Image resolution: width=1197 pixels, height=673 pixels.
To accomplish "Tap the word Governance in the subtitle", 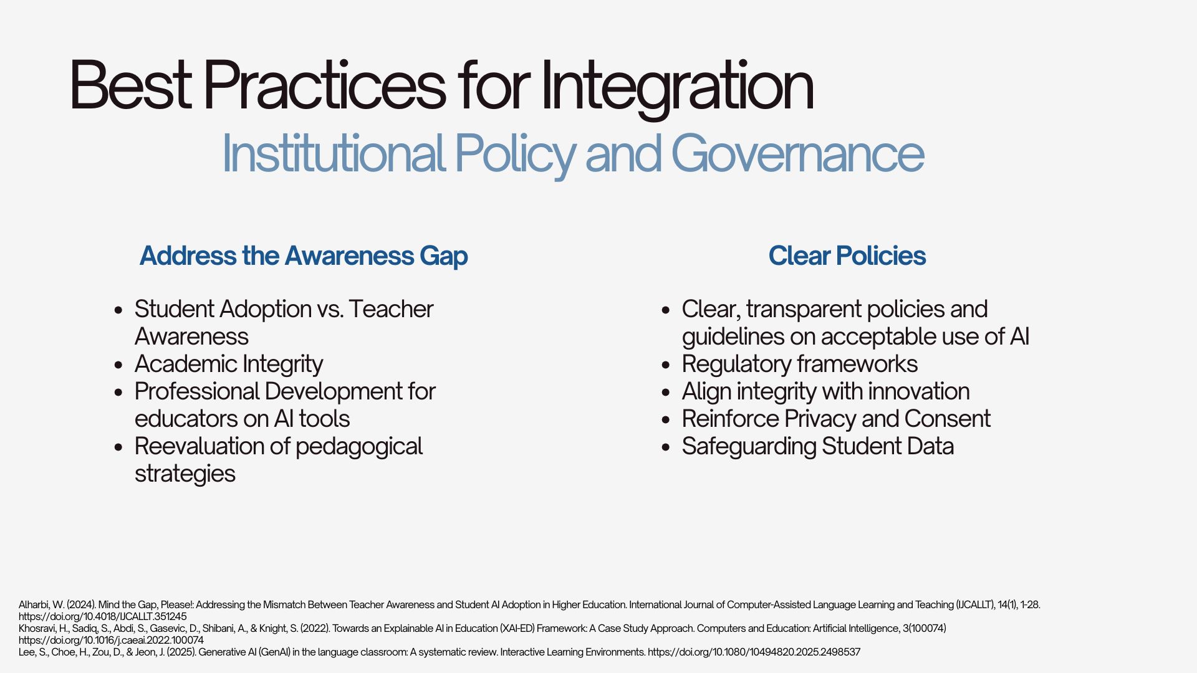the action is click(x=797, y=153).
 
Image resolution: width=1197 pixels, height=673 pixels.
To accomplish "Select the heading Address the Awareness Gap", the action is click(x=304, y=255).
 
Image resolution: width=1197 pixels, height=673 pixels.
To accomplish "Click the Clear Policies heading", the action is click(x=847, y=255).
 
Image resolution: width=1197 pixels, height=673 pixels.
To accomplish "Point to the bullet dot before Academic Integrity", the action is click(x=119, y=365).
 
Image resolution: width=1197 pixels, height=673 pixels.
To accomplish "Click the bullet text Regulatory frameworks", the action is click(x=800, y=364).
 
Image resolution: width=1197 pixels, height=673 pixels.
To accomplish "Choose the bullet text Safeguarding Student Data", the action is click(x=818, y=446).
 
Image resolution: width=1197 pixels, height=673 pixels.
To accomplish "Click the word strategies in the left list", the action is click(x=185, y=474).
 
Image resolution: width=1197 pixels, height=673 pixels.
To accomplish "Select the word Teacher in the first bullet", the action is click(x=391, y=309).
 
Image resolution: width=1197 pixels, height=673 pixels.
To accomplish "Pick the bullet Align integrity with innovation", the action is click(x=826, y=391).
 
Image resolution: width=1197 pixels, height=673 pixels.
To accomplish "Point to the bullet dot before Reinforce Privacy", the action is click(x=666, y=419).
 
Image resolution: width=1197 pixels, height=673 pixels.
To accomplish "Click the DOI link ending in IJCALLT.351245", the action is click(x=102, y=616).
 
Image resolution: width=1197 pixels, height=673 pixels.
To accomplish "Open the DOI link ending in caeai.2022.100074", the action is click(x=111, y=640).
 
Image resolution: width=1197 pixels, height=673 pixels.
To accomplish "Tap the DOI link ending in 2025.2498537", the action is click(x=754, y=652).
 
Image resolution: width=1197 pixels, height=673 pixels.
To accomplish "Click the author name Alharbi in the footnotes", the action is click(x=34, y=604).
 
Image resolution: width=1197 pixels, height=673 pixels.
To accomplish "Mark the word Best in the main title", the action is click(x=130, y=85).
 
